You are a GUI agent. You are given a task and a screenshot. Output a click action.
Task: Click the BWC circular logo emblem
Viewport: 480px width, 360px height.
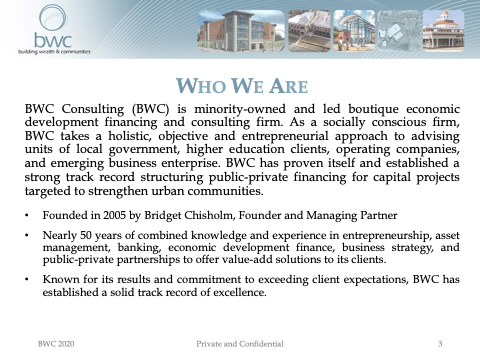tap(53, 18)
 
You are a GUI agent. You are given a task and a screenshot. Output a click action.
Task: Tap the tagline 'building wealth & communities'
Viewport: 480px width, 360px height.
tap(54, 52)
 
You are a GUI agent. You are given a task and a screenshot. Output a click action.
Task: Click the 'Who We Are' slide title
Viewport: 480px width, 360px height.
tap(242, 86)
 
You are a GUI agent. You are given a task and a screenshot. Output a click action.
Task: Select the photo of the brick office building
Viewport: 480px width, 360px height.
tap(241, 31)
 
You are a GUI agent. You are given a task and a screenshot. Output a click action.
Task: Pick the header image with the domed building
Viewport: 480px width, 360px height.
tap(443, 31)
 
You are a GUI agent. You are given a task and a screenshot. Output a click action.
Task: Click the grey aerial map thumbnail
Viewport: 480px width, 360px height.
tap(399, 31)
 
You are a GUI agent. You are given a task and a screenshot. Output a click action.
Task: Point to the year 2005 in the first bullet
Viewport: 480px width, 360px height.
tap(114, 215)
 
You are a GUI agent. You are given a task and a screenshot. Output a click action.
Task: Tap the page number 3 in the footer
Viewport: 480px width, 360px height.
tap(440, 344)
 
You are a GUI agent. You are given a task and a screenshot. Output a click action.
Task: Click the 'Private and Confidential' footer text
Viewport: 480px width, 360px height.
tap(240, 344)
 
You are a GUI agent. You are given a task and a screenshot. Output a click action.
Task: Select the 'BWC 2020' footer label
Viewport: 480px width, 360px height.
tap(56, 344)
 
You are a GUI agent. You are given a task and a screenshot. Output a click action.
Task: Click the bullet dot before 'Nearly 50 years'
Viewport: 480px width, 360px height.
tap(27, 236)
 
